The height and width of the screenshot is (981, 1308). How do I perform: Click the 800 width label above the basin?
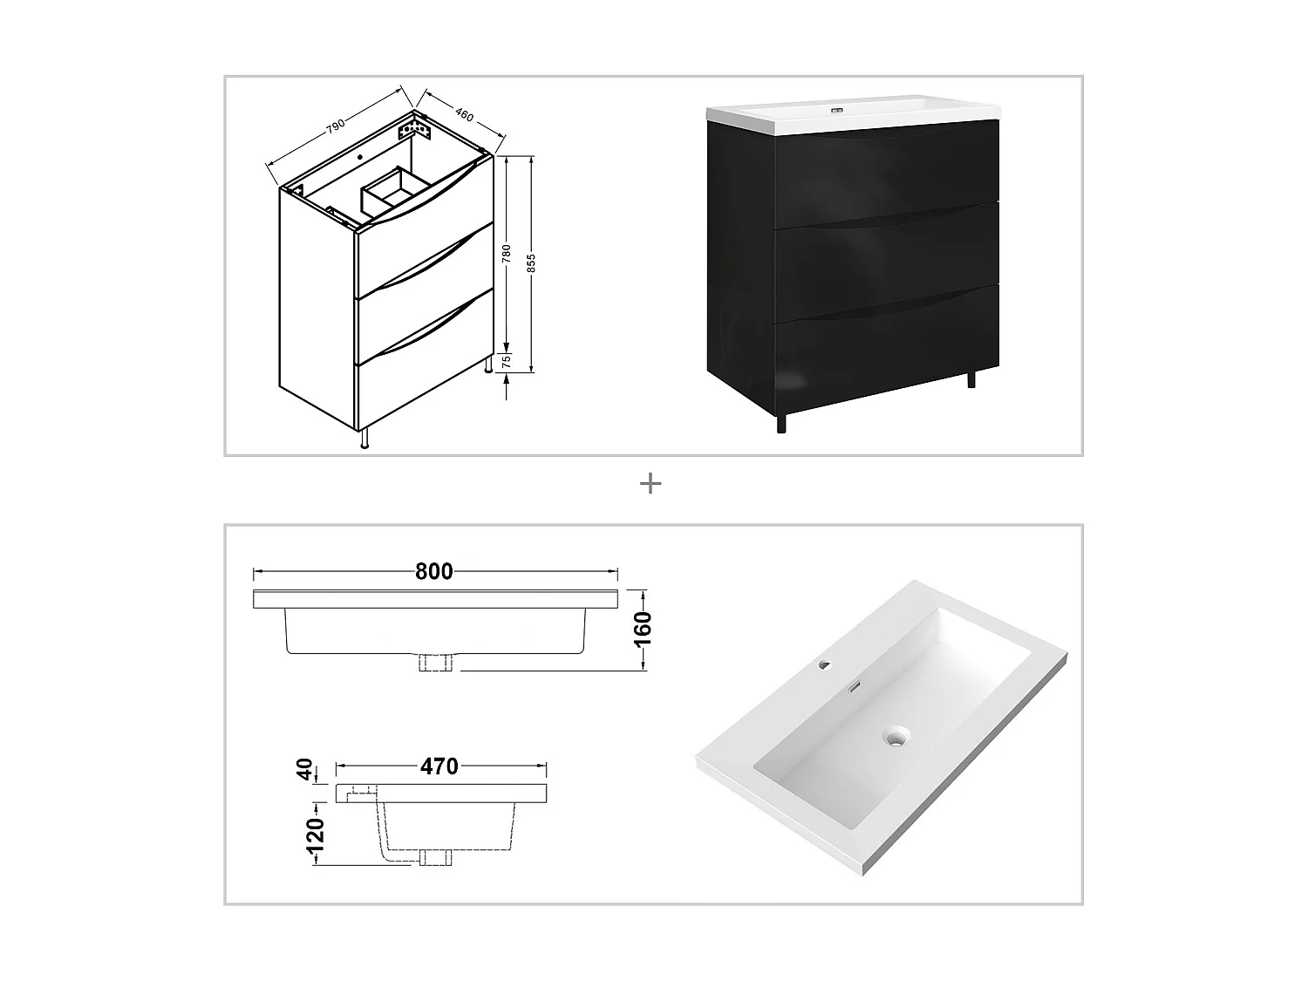[433, 571]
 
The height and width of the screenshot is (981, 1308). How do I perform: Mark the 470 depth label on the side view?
[439, 766]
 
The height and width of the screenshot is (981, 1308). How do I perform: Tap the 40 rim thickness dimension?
[305, 769]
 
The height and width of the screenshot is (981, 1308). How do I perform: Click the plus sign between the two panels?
[651, 483]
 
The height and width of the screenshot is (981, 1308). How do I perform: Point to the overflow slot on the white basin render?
[856, 686]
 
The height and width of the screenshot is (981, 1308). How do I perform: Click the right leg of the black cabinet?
[972, 379]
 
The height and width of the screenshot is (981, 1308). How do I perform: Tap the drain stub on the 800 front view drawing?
[435, 664]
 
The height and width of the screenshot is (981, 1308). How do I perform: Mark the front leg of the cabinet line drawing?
[364, 439]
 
